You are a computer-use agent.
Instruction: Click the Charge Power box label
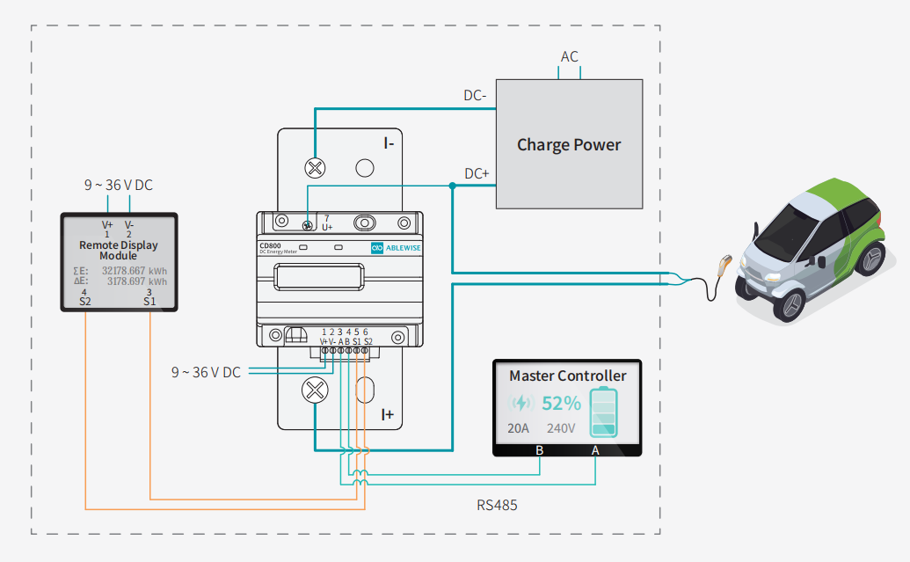[x=569, y=145]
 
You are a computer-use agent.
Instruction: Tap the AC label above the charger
[x=570, y=57]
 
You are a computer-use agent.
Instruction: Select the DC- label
[x=475, y=95]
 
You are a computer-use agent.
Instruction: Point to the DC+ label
[x=477, y=173]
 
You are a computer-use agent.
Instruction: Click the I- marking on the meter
[x=388, y=142]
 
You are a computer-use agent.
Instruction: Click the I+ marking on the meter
[x=388, y=413]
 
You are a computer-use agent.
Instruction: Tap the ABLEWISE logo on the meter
[x=392, y=249]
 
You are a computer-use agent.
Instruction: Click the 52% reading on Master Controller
[x=561, y=404]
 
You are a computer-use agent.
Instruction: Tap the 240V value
[x=561, y=429]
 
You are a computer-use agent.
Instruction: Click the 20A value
[x=519, y=429]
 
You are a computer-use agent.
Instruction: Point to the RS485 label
[x=497, y=506]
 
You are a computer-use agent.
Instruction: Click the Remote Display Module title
[x=119, y=251]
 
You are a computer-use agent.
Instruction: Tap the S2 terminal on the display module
[x=85, y=301]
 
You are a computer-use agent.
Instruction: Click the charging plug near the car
[x=724, y=265]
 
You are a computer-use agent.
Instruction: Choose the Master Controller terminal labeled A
[x=595, y=450]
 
